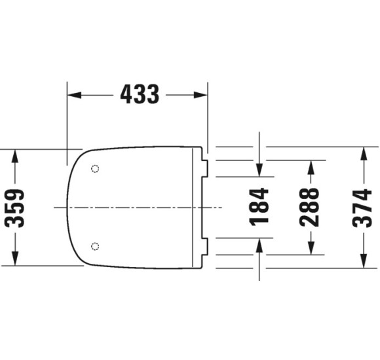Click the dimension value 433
[140, 94]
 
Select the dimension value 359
[14, 208]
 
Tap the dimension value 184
[259, 207]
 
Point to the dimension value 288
[309, 207]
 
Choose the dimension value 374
[362, 208]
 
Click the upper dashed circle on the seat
[95, 168]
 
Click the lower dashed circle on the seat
[95, 246]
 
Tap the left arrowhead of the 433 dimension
[74, 95]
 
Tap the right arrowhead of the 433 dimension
[200, 95]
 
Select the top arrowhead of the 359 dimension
[15, 156]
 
